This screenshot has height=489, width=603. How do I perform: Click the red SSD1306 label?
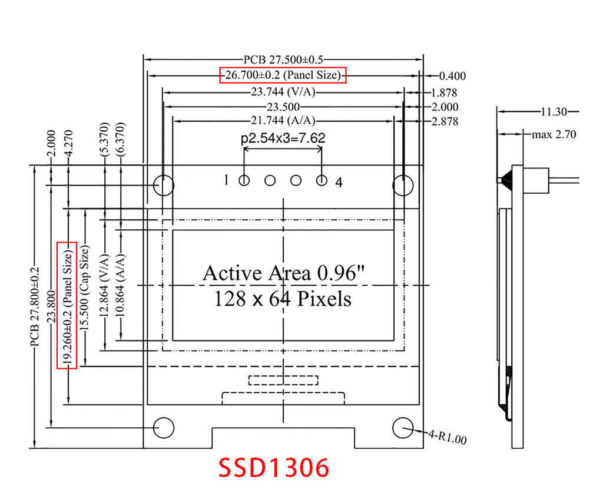tap(273, 468)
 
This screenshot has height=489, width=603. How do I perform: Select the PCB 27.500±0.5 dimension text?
tap(284, 60)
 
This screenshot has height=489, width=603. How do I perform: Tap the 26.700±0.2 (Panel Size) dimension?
tap(283, 75)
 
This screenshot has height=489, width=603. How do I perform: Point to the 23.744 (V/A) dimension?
tap(284, 92)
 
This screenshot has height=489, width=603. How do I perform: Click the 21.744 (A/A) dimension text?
tap(283, 121)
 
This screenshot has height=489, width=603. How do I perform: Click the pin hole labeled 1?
tap(244, 181)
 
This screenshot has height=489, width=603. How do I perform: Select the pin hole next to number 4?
tap(322, 181)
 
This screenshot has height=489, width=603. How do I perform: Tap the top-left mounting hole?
tap(164, 185)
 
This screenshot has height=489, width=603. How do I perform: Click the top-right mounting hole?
tap(403, 185)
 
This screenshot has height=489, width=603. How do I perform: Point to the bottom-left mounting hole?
tap(164, 428)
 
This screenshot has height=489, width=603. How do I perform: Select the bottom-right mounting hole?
tap(403, 428)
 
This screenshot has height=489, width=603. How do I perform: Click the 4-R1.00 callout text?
tap(448, 438)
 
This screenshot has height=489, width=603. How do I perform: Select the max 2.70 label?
tap(554, 135)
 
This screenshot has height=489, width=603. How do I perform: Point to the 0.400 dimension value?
tap(453, 76)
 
